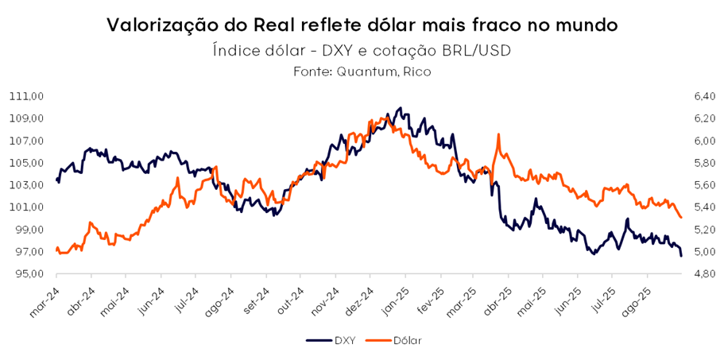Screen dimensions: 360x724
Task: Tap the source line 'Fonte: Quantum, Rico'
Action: [x=362, y=72]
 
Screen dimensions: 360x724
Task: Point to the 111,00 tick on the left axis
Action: [x=27, y=96]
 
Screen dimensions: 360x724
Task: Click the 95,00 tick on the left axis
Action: [x=29, y=274]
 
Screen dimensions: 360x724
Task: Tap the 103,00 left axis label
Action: [x=27, y=185]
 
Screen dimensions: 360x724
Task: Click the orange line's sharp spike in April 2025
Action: [x=498, y=134]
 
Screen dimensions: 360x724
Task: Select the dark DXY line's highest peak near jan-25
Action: [x=400, y=107]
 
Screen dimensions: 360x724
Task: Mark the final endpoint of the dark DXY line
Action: [x=681, y=255]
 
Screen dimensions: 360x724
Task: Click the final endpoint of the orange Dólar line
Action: [x=681, y=218]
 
